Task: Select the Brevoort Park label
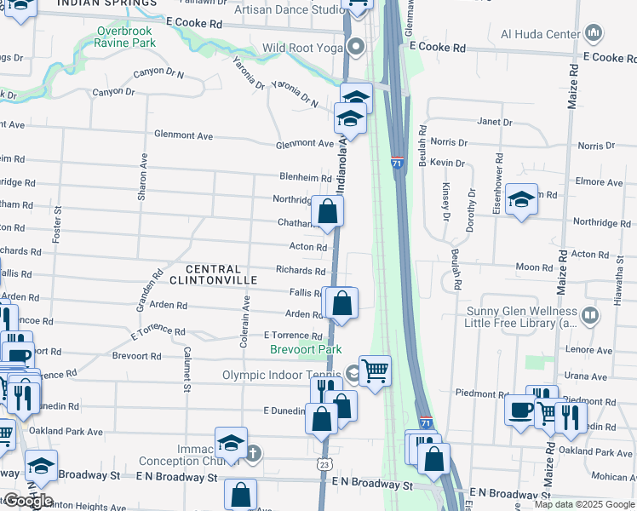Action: [x=306, y=349]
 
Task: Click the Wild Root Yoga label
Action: [x=302, y=48]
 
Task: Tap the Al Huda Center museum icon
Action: [x=594, y=34]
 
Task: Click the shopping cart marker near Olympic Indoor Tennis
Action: [x=375, y=370]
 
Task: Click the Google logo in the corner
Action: [x=27, y=501]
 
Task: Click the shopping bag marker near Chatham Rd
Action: [x=327, y=210]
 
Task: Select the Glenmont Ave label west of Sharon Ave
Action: [x=183, y=135]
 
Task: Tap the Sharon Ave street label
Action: [x=143, y=176]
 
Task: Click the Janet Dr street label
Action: [x=495, y=122]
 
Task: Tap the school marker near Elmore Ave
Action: [x=521, y=199]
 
